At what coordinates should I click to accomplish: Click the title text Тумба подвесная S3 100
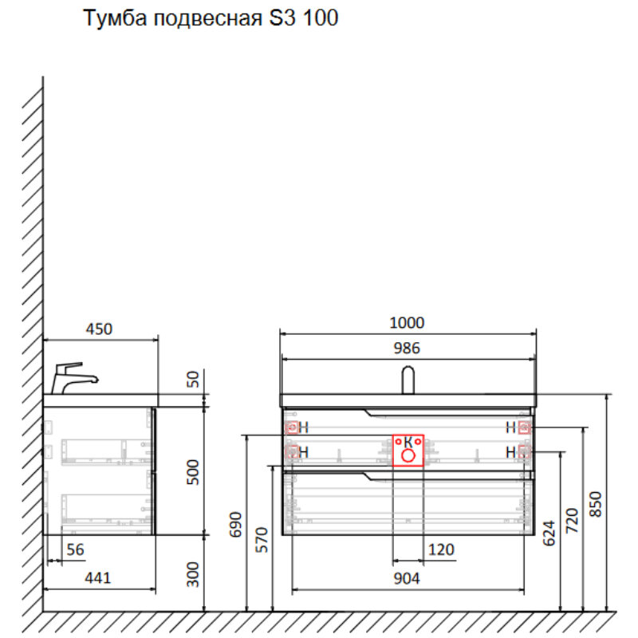point(211,19)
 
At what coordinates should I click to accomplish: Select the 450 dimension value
point(99,329)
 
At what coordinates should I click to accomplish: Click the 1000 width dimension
point(407,322)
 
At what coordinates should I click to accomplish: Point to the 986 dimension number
point(407,347)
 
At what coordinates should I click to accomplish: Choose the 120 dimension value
point(440,549)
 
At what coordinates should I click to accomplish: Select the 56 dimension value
point(75,549)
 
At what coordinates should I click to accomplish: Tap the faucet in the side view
point(72,378)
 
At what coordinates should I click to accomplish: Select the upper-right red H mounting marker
point(524,427)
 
